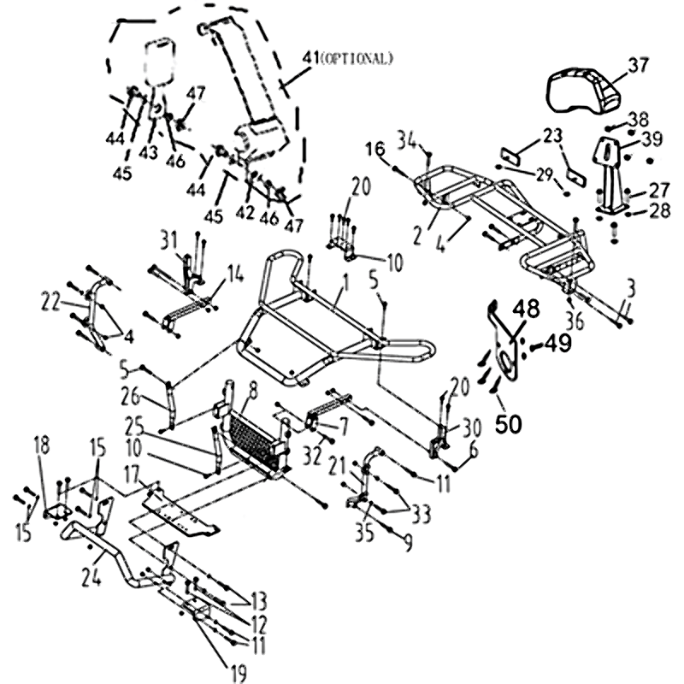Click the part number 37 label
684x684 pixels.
(638, 65)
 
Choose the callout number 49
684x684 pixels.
(557, 344)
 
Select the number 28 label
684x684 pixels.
(658, 210)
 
